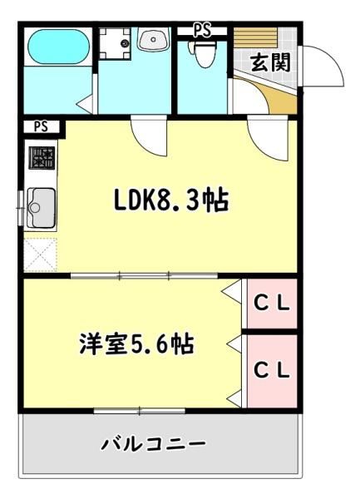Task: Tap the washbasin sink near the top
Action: tap(153, 39)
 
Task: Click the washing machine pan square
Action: tap(115, 43)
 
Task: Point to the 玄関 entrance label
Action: tap(271, 62)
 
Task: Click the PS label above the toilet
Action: tap(202, 32)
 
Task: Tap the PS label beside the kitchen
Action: tap(41, 126)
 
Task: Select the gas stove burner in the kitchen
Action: tap(42, 157)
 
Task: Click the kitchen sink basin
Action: tap(41, 207)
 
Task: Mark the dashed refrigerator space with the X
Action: tap(41, 254)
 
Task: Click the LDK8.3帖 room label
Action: tap(171, 200)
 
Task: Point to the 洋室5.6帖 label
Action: tap(136, 343)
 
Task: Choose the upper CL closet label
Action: tap(272, 304)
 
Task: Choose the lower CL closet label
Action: tap(272, 370)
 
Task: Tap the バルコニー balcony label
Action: tap(154, 443)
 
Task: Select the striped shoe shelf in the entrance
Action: tap(255, 38)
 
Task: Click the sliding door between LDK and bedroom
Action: tap(144, 275)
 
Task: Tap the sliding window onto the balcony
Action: tap(140, 411)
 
